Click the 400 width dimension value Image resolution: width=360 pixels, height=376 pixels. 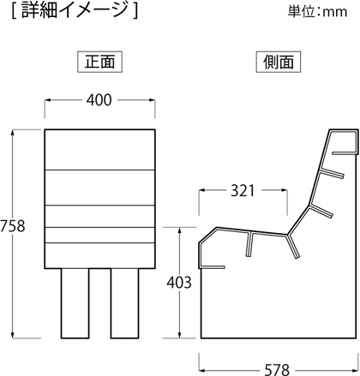[99, 100]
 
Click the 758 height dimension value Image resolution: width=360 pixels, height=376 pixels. [13, 226]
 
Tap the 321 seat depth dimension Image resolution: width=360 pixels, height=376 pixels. [243, 191]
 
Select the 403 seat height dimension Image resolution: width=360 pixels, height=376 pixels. [179, 283]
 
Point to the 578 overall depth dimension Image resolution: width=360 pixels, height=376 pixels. [277, 370]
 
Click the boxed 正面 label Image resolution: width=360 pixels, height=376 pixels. [100, 62]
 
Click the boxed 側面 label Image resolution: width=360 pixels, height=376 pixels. [279, 62]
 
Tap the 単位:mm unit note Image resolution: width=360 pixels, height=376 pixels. [317, 12]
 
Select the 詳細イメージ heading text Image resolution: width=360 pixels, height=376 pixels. [75, 10]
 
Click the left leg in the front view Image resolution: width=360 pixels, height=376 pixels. [75, 303]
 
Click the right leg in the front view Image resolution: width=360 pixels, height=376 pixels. [125, 303]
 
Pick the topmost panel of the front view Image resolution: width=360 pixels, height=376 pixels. [100, 150]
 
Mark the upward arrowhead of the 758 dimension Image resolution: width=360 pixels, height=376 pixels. [13, 133]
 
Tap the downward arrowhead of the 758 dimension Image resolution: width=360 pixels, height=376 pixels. [13, 335]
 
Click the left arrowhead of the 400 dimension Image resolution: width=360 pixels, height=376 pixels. [48, 100]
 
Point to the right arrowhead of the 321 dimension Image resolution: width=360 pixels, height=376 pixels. [284, 190]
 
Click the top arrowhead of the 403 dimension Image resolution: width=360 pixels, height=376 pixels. [179, 230]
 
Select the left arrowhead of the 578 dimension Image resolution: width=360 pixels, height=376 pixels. [202, 370]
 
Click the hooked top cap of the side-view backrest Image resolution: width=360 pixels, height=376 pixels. [343, 142]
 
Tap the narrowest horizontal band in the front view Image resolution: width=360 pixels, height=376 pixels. [100, 236]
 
